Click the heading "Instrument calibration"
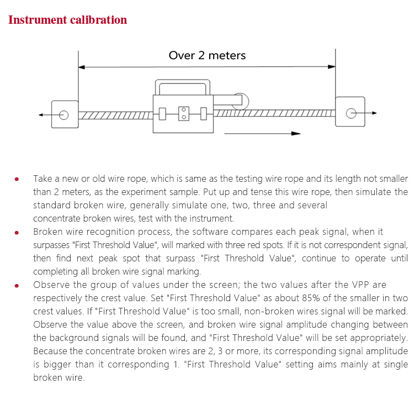point(67,20)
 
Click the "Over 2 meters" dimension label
point(207,55)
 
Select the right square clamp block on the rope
point(350,112)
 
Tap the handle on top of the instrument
point(182,87)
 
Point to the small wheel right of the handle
point(242,101)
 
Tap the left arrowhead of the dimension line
point(82,67)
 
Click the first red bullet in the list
point(17,179)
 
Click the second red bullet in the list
point(17,232)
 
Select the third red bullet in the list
point(17,285)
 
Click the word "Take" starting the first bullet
point(43,179)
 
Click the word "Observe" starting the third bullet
point(51,285)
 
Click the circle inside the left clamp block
point(64,115)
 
